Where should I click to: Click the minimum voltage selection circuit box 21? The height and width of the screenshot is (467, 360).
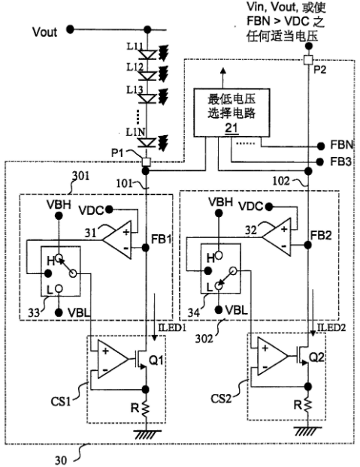(231, 113)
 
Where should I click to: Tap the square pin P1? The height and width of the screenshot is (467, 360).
(146, 161)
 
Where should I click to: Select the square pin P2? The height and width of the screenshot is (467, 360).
(308, 60)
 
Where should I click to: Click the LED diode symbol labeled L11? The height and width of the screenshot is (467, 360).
(148, 54)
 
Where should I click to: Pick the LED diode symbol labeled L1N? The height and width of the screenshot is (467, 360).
(148, 143)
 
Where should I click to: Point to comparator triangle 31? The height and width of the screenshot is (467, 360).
(117, 240)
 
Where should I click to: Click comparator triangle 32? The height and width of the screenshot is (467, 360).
(277, 237)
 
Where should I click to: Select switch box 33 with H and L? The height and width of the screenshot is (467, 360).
(60, 271)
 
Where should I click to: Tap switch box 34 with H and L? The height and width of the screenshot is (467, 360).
(220, 269)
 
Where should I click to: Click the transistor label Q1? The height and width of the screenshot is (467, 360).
(156, 360)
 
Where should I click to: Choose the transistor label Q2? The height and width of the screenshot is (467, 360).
(316, 357)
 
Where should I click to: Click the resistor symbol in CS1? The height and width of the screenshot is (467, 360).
(146, 408)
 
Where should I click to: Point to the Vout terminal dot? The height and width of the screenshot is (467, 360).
(70, 29)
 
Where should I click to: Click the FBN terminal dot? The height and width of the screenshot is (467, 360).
(321, 146)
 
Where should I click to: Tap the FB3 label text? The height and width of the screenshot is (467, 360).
(340, 161)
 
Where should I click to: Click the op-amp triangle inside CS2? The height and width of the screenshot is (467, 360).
(272, 356)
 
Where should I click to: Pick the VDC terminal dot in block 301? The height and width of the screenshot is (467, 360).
(110, 209)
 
